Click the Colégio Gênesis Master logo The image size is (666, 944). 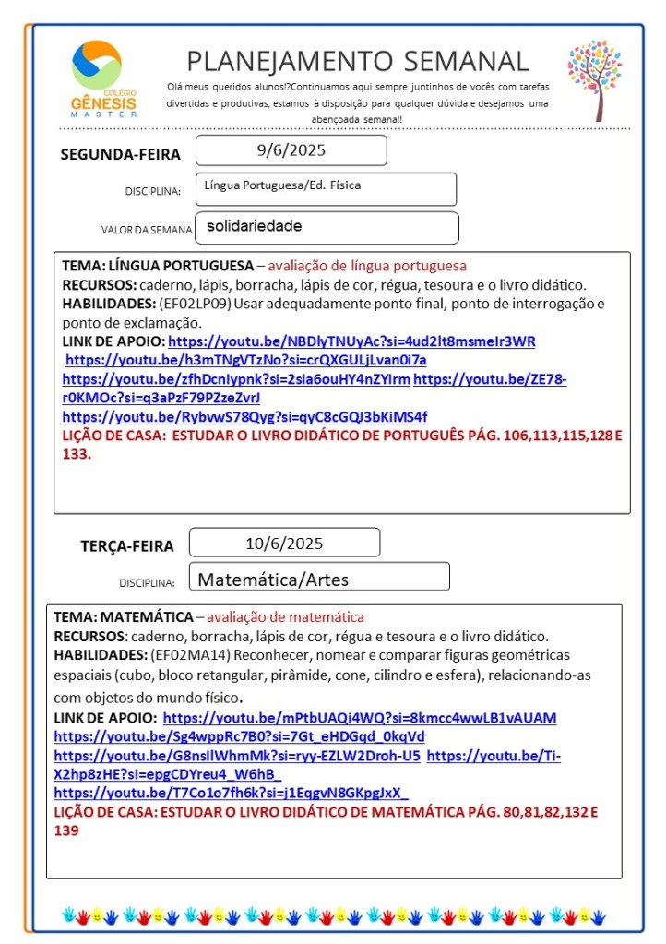[x=102, y=78]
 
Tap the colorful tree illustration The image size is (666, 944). [x=595, y=79]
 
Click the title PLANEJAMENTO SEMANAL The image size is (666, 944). [x=358, y=61]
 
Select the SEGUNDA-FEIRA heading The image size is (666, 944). [x=121, y=154]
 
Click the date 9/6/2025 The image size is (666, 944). [x=291, y=149]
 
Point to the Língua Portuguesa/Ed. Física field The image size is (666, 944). [x=282, y=185]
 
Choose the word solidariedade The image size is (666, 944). [x=255, y=226]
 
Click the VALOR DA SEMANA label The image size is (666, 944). [x=147, y=230]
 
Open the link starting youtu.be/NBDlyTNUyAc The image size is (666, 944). [x=351, y=341]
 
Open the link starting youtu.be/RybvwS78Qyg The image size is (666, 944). [x=244, y=416]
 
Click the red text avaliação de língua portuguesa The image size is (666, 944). [x=367, y=266]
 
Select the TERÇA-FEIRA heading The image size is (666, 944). [x=127, y=545]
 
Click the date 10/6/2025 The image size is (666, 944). [x=284, y=543]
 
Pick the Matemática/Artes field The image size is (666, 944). [x=274, y=580]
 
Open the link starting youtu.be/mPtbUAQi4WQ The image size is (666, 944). [x=360, y=718]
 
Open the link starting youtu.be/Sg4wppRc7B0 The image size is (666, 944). [x=239, y=736]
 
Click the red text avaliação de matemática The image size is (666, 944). [x=285, y=617]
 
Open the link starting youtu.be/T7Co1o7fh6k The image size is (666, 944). [x=231, y=793]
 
